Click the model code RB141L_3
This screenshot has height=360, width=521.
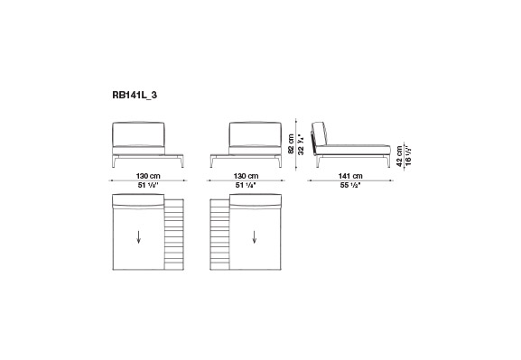pos(135,96)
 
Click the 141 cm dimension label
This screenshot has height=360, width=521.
pos(350,176)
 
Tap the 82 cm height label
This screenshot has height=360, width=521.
pos(292,144)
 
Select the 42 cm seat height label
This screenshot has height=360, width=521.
pos(399,155)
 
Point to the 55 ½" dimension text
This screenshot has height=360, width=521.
pos(350,185)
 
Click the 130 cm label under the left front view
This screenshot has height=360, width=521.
pos(148,176)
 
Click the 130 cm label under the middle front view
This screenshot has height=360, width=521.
pos(246,176)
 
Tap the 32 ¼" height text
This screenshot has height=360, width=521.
pos(301,144)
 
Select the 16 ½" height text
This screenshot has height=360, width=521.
pos(408,155)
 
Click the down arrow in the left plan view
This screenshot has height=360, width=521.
pos(138,237)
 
